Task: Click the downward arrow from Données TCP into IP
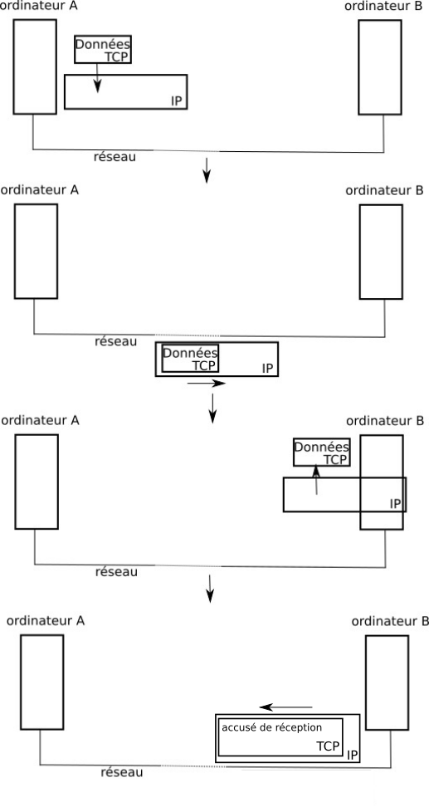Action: pos(97,78)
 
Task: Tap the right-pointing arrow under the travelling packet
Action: pos(207,384)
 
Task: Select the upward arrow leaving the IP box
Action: pos(316,480)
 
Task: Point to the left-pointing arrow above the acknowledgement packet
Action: pos(286,707)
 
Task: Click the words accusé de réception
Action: pos(271,727)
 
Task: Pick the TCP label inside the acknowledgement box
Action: pos(328,746)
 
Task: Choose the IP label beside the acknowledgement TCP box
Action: pos(353,755)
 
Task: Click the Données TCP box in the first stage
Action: pos(103,49)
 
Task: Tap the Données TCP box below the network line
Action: pos(191,359)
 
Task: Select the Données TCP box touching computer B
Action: pos(322,452)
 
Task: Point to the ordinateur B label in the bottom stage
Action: pos(390,621)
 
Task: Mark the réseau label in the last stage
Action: pos(122,773)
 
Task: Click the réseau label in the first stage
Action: pos(115,156)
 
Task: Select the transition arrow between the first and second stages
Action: pos(207,170)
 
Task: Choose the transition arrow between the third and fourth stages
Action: pos(210,589)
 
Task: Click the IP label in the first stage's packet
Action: pos(177,101)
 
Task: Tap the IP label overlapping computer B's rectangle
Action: pos(395,504)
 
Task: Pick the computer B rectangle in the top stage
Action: pos(380,66)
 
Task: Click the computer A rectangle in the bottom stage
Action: pos(42,682)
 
